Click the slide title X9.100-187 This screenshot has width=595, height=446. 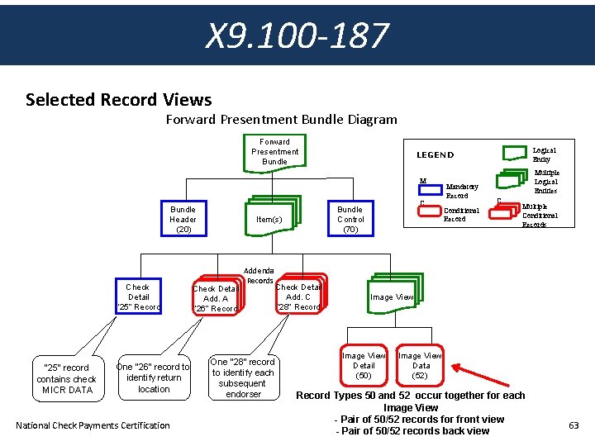297,36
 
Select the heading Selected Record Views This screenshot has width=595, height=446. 118,100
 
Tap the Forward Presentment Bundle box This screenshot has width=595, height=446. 274,152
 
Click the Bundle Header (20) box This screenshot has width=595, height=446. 183,220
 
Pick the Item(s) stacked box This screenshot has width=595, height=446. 269,219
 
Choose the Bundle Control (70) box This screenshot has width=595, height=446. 350,220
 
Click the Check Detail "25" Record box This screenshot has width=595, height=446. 138,297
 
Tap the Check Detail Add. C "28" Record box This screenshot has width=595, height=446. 298,297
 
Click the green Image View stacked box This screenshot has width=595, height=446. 392,297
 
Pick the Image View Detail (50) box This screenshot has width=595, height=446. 364,365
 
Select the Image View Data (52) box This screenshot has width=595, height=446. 421,365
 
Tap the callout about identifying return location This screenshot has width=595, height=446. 154,377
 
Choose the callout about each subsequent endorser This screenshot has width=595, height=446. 243,377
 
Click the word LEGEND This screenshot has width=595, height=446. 435,155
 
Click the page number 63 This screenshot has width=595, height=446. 574,425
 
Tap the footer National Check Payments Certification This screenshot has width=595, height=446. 93,425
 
